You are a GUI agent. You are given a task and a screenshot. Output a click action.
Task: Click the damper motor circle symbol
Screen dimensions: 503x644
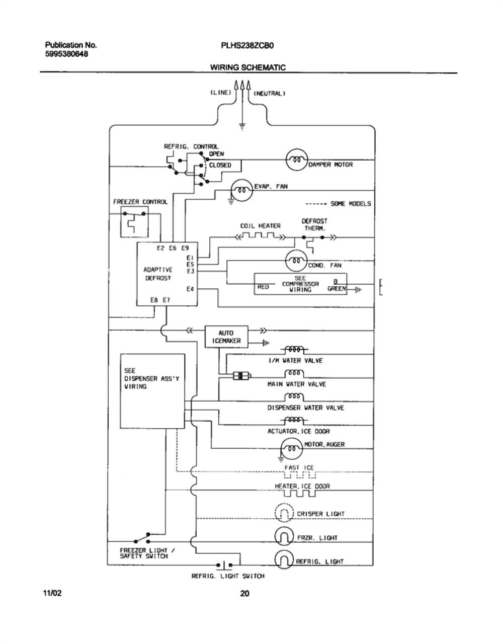point(297,159)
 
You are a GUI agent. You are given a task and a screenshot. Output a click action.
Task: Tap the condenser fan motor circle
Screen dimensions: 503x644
point(297,261)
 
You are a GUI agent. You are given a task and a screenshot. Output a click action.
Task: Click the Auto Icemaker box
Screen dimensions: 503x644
point(226,337)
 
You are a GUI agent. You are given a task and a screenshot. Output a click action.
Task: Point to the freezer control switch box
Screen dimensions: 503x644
point(134,222)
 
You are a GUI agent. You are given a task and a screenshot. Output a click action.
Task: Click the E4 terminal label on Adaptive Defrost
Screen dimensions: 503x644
point(190,289)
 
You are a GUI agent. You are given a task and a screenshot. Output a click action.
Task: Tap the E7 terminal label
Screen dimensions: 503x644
point(167,300)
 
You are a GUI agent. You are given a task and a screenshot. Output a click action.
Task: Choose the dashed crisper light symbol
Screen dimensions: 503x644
point(284,513)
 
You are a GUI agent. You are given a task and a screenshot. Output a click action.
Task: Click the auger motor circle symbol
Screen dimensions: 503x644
point(292,448)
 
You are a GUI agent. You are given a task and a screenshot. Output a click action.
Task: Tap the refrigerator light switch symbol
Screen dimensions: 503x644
point(224,565)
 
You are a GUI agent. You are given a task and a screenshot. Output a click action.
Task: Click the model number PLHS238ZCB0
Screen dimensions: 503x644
point(247,46)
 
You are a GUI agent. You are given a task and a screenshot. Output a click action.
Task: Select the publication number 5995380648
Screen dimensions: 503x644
point(67,54)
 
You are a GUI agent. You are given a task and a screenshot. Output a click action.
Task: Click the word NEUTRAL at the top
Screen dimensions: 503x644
point(269,94)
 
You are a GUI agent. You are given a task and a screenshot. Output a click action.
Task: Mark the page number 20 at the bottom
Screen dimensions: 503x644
point(244,594)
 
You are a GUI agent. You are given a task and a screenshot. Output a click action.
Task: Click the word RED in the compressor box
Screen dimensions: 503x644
point(263,287)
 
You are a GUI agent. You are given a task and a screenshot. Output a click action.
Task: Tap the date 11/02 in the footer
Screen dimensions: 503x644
point(53,593)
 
